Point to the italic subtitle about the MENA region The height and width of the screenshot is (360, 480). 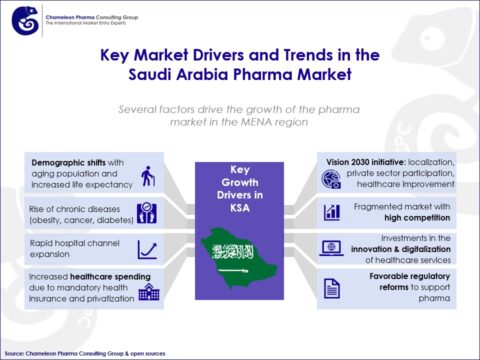(x=239, y=116)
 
